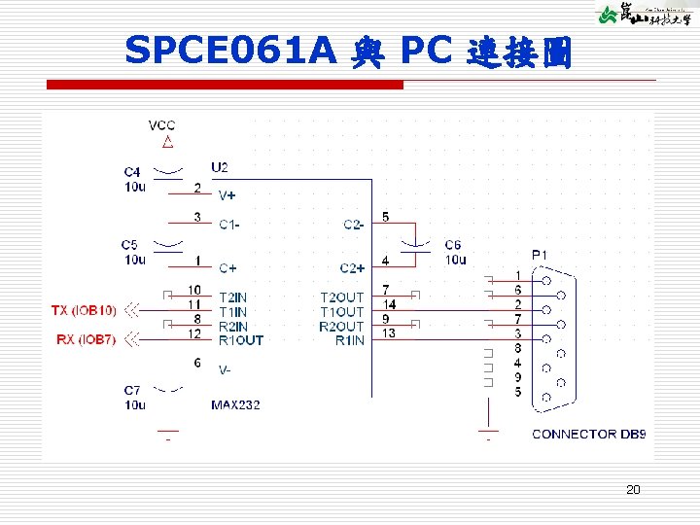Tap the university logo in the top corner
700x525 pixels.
643,15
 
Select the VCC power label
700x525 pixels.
161,125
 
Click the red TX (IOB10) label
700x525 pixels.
84,310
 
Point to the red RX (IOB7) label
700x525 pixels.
86,340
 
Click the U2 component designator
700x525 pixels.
221,167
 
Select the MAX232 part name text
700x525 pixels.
235,403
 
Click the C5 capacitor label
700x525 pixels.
131,245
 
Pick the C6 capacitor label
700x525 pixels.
454,245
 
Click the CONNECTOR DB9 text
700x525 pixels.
587,434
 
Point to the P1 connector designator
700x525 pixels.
539,255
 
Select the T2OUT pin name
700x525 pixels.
341,297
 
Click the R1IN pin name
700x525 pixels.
349,340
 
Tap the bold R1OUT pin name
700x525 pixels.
240,340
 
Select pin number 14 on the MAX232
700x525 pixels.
390,304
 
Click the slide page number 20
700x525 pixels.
632,490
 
